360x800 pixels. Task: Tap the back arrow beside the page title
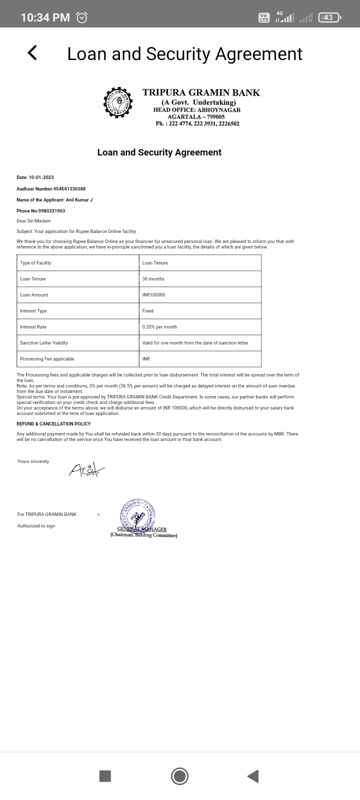[x=32, y=52]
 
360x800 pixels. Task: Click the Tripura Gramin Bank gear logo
[x=118, y=102]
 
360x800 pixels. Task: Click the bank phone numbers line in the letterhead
[x=197, y=123]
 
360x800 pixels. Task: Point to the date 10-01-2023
[x=41, y=177]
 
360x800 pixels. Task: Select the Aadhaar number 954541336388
[x=69, y=189]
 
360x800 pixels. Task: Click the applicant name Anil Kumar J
[x=79, y=200]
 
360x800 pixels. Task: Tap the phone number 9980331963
[x=51, y=211]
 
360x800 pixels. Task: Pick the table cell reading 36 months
[x=153, y=279]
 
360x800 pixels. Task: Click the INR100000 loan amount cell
[x=154, y=295]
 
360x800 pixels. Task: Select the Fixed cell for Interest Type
[x=148, y=311]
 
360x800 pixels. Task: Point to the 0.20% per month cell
[x=160, y=327]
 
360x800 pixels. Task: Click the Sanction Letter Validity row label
[x=44, y=343]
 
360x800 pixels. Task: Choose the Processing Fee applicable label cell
[x=47, y=359]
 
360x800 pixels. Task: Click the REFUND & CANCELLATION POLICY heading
[x=53, y=424]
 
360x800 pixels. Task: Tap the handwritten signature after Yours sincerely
[x=86, y=469]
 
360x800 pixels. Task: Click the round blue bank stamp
[x=137, y=515]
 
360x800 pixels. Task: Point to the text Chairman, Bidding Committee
[x=144, y=535]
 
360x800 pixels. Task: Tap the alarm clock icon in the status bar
[x=81, y=17]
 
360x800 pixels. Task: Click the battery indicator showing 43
[x=328, y=17]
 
